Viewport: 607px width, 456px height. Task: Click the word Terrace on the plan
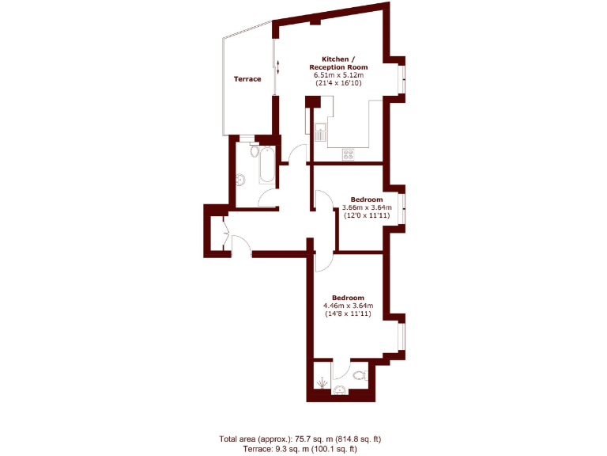(x=247, y=79)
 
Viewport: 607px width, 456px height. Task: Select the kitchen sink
(x=320, y=132)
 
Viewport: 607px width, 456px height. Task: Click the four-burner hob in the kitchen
(x=349, y=155)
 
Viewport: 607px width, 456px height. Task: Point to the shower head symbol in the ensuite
(x=322, y=384)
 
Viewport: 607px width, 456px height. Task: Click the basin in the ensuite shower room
(x=341, y=389)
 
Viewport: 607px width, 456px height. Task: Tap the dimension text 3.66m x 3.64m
(x=367, y=207)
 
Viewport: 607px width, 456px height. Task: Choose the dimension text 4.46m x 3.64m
(x=348, y=306)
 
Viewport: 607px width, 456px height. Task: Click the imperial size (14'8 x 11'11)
(x=348, y=314)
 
